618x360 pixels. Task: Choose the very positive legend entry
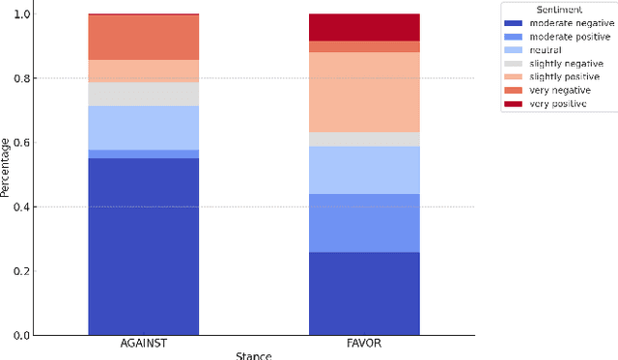coord(559,103)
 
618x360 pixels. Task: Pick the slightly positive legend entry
coord(565,76)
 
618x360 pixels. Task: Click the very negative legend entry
coord(561,90)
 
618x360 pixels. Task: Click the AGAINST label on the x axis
coord(143,345)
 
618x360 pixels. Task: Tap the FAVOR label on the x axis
coord(364,345)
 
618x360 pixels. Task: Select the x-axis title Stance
coord(254,355)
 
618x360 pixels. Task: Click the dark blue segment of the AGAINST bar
coord(143,246)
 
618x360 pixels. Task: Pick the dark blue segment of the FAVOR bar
coord(364,293)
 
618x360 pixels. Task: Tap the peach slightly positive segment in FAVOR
coord(364,92)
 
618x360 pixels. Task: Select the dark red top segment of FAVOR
coord(364,27)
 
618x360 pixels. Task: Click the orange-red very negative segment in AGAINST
coord(143,38)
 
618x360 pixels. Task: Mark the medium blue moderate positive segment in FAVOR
coord(364,223)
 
